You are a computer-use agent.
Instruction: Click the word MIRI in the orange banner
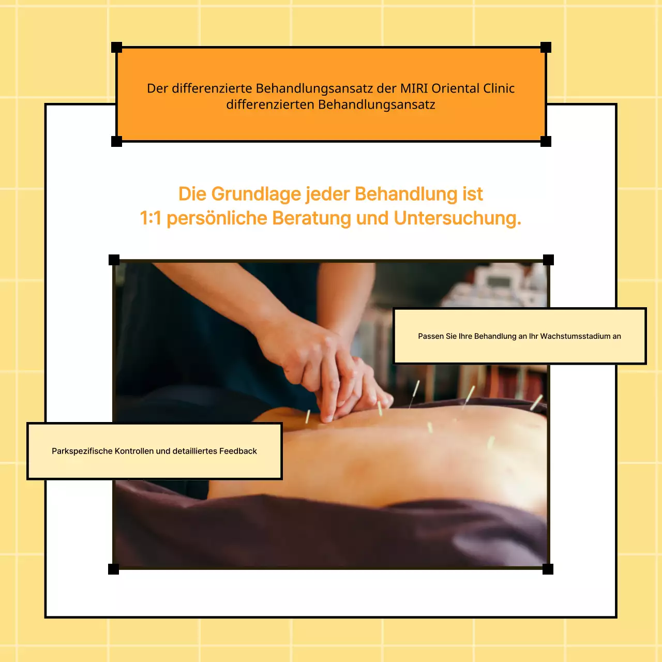pyautogui.click(x=414, y=88)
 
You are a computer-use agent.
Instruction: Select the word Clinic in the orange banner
pyautogui.click(x=499, y=88)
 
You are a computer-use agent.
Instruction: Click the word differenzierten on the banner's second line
pyautogui.click(x=270, y=104)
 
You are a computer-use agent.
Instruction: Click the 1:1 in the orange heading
pyautogui.click(x=151, y=218)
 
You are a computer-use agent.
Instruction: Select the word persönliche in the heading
pyautogui.click(x=217, y=218)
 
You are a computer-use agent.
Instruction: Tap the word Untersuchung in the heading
pyautogui.click(x=457, y=218)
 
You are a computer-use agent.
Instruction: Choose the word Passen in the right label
pyautogui.click(x=431, y=336)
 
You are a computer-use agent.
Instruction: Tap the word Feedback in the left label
pyautogui.click(x=238, y=451)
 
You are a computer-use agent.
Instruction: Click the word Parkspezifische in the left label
pyautogui.click(x=82, y=451)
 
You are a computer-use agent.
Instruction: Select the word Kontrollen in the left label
pyautogui.click(x=134, y=451)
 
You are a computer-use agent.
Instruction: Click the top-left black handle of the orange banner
pyautogui.click(x=117, y=48)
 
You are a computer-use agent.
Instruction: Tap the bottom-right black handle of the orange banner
pyautogui.click(x=546, y=141)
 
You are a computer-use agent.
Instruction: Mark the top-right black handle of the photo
pyautogui.click(x=548, y=260)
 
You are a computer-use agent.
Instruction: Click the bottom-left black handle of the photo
pyautogui.click(x=113, y=569)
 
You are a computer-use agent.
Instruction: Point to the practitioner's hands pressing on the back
pyautogui.click(x=331, y=378)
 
